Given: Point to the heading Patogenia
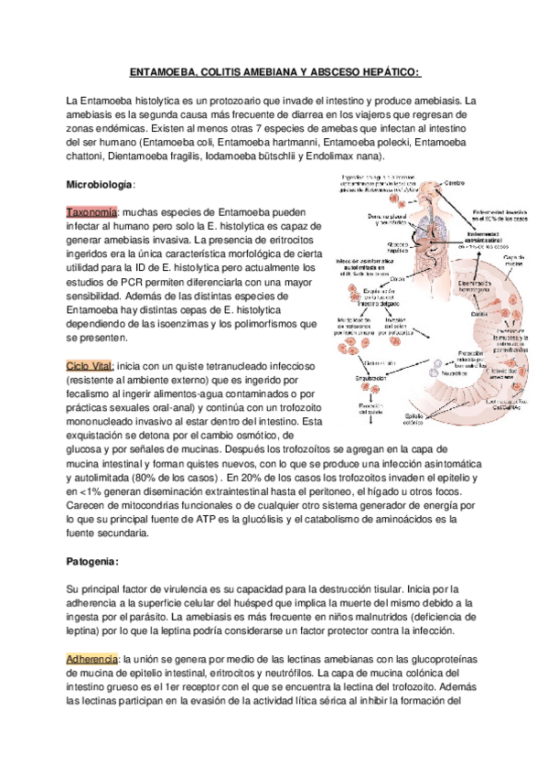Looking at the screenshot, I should (x=91, y=560).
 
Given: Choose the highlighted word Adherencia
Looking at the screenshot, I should (x=91, y=659).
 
